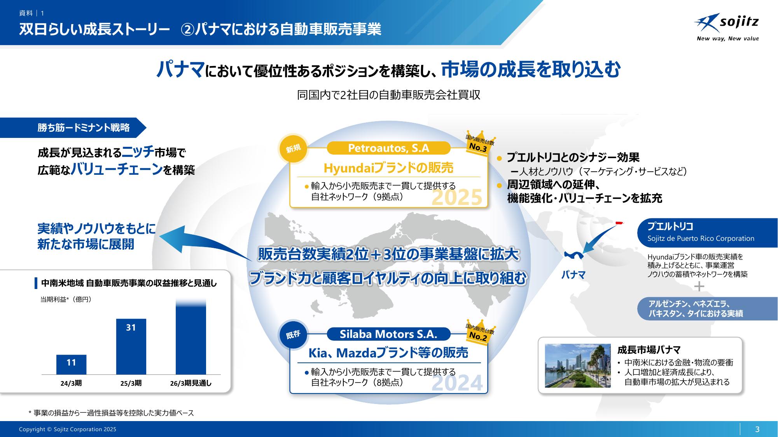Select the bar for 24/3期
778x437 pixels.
click(x=71, y=364)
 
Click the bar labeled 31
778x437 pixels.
click(x=131, y=346)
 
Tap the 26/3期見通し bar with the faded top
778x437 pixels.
click(x=191, y=337)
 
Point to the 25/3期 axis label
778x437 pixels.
click(x=131, y=383)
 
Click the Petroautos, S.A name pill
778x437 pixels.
click(x=388, y=148)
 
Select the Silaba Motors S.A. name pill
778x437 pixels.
click(x=388, y=334)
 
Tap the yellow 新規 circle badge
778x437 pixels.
click(x=294, y=148)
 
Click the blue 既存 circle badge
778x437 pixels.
click(x=294, y=334)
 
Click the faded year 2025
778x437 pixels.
click(x=457, y=197)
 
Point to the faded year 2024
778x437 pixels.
click(x=457, y=383)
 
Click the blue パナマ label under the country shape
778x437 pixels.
click(x=573, y=275)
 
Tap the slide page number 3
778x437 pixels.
click(x=757, y=429)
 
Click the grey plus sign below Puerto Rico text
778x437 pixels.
click(x=699, y=287)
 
